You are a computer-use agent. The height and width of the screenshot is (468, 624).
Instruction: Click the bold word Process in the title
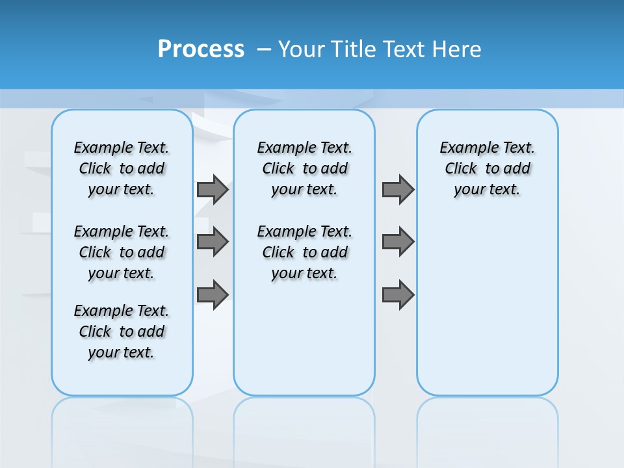[x=201, y=49]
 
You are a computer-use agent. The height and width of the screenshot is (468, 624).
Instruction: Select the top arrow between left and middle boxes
[x=213, y=190]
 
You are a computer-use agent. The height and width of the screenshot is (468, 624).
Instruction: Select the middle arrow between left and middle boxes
[x=213, y=242]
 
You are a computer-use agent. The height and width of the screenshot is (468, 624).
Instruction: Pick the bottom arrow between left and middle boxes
[x=213, y=295]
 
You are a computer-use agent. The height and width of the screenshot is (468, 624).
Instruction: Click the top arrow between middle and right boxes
[x=398, y=190]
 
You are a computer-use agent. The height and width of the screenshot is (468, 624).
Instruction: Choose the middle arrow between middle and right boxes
[x=398, y=242]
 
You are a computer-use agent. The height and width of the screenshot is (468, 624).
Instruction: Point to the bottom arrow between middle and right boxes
[x=398, y=295]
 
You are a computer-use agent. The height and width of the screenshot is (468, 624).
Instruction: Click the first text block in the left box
[x=122, y=168]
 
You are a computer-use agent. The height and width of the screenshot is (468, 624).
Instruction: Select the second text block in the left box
[x=122, y=252]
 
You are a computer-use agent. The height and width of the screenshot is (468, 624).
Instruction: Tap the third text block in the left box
[x=122, y=331]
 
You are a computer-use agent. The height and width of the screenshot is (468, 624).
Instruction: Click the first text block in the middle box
[x=304, y=168]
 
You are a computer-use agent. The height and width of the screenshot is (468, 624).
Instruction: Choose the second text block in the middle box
[x=304, y=252]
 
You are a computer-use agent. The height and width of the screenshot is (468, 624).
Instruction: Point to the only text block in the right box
[x=487, y=168]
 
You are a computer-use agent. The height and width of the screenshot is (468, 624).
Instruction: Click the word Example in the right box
[x=464, y=148]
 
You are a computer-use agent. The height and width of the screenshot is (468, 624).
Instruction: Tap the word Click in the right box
[x=461, y=169]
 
